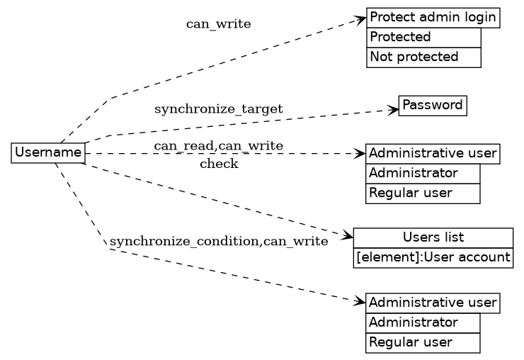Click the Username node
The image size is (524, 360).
point(48,152)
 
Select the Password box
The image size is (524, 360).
point(433,106)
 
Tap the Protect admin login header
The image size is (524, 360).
point(433,18)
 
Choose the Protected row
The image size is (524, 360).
point(423,37)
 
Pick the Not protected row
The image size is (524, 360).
point(423,57)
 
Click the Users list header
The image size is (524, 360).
point(433,237)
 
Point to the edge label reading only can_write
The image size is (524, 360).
point(218,24)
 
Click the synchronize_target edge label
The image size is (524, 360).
point(218,109)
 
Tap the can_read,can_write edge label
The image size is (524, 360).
point(218,146)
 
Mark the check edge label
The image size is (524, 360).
point(219,164)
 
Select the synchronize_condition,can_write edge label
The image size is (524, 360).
point(219,242)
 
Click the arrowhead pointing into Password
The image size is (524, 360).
point(394,109)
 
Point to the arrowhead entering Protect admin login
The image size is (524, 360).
point(361,19)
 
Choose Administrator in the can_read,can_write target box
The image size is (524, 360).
point(423,173)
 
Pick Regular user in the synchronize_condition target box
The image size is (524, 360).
point(423,342)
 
